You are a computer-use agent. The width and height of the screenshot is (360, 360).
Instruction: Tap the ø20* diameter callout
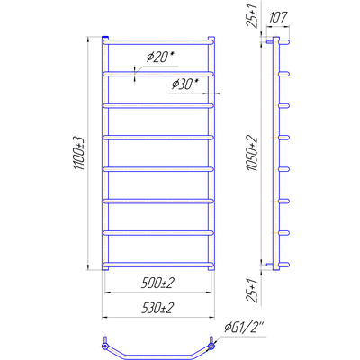pos(160,57)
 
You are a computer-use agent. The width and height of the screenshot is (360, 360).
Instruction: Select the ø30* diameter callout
pos(185,85)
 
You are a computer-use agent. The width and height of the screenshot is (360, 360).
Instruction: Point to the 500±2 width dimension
pos(157,283)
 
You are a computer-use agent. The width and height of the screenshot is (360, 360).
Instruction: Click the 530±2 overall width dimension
pos(157,308)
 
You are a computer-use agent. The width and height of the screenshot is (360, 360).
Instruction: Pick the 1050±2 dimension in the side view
pos(252,153)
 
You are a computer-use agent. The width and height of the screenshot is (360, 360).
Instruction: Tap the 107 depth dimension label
pos(278,17)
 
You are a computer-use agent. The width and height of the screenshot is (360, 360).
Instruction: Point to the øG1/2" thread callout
pos(244,328)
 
